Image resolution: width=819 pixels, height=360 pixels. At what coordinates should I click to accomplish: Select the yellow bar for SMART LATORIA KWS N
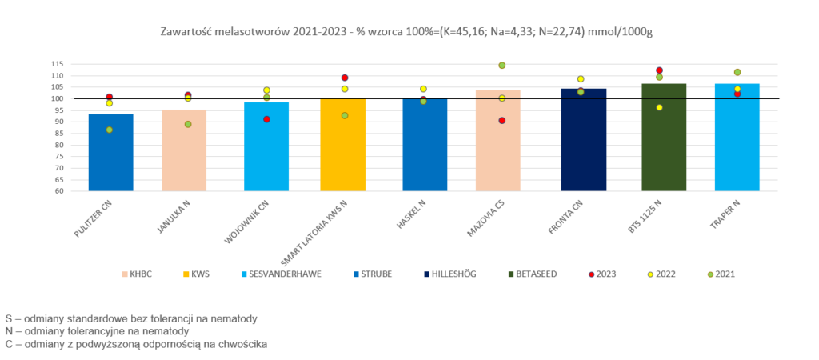pyautogui.click(x=343, y=145)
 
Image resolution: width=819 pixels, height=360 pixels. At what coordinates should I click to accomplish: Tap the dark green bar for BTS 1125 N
pyautogui.click(x=664, y=137)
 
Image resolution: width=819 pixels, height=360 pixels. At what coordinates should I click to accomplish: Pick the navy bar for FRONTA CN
pyautogui.click(x=584, y=139)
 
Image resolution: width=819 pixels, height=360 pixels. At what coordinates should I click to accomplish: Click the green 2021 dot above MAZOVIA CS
pyautogui.click(x=501, y=66)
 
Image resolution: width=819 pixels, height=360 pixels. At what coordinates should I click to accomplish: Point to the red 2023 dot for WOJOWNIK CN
pyautogui.click(x=266, y=119)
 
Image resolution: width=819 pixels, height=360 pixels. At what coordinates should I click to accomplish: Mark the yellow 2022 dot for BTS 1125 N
pyautogui.click(x=659, y=107)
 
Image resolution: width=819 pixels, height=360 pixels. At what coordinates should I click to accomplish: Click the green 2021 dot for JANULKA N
pyautogui.click(x=188, y=124)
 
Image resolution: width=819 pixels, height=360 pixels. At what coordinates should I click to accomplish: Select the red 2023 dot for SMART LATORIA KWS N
pyautogui.click(x=344, y=78)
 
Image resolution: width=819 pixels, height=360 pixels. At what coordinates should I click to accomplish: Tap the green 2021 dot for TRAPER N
pyautogui.click(x=737, y=72)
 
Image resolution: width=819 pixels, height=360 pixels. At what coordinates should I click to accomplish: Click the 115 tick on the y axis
pyautogui.click(x=57, y=64)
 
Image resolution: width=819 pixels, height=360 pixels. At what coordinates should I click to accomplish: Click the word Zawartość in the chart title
pyautogui.click(x=186, y=31)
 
